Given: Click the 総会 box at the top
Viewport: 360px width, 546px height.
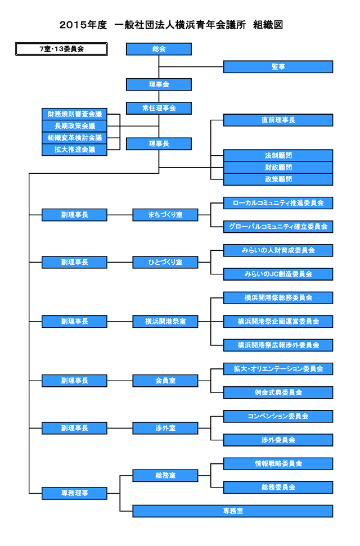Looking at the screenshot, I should tap(159, 49).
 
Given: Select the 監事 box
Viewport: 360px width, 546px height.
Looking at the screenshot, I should tap(278, 67).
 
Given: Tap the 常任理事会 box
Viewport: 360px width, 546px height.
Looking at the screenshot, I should tap(159, 108).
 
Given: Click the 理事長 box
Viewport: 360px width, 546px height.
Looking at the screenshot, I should tap(159, 144).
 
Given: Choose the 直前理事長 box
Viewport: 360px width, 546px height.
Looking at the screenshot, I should tap(278, 120).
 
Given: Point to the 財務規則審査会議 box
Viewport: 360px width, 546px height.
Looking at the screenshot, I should tap(74, 114).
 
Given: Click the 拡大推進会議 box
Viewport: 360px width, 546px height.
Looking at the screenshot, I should tap(74, 150).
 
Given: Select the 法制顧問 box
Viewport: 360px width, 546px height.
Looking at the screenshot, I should tap(278, 155).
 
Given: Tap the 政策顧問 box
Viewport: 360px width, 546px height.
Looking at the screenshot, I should tap(278, 179).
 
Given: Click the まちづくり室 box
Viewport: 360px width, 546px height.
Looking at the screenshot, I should tap(165, 215).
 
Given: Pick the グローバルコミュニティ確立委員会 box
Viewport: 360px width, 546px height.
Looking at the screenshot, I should tap(278, 227).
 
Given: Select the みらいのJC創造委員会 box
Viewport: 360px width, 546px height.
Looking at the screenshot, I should tap(278, 274).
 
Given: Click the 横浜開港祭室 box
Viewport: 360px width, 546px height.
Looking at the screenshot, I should tap(165, 322).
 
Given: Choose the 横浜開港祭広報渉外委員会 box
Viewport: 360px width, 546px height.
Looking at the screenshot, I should tap(278, 345).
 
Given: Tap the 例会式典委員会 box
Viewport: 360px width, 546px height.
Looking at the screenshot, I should tap(278, 392).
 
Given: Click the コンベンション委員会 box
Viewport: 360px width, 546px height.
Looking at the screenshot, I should tap(278, 416).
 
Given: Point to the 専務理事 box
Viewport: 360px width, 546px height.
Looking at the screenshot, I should tap(74, 493).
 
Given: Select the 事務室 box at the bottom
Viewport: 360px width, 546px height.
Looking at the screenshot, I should tap(232, 511).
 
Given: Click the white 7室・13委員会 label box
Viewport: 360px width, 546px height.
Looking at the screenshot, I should tap(61, 49).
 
